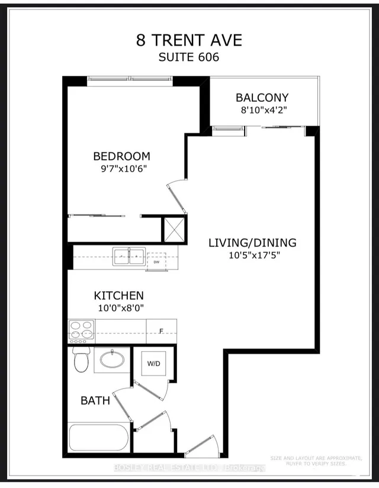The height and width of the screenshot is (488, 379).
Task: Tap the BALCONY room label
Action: click(x=262, y=98)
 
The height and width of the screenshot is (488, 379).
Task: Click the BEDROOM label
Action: click(x=121, y=156)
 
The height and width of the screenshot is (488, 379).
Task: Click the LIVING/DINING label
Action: click(x=252, y=243)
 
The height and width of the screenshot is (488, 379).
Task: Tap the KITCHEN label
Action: click(x=119, y=295)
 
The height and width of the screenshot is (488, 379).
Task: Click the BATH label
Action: click(x=95, y=401)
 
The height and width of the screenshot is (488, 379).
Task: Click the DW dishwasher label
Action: click(x=156, y=262)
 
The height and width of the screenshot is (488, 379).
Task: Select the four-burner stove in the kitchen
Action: click(x=82, y=331)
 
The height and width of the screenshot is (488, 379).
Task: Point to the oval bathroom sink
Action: click(x=111, y=359)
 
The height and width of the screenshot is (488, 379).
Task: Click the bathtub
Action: click(x=98, y=438)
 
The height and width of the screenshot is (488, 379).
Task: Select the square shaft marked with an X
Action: click(x=174, y=229)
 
